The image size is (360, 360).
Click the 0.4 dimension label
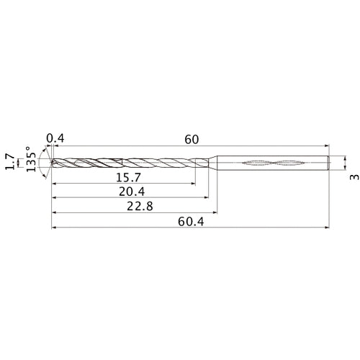pyautogui.click(x=55, y=138)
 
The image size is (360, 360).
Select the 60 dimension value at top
pyautogui.click(x=192, y=140)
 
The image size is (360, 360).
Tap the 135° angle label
pyautogui.click(x=31, y=159)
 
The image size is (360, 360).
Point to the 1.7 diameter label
pyautogui.click(x=10, y=162)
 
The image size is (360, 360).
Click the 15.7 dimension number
pyautogui.click(x=128, y=178)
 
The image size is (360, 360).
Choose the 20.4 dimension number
pyautogui.click(x=132, y=192)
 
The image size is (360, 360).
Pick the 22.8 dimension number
pyautogui.click(x=140, y=207)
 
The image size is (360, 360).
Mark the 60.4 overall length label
pyautogui.click(x=191, y=222)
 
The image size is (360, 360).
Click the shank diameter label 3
pyautogui.click(x=354, y=177)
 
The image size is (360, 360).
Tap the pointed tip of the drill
pyautogui.click(x=52, y=163)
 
